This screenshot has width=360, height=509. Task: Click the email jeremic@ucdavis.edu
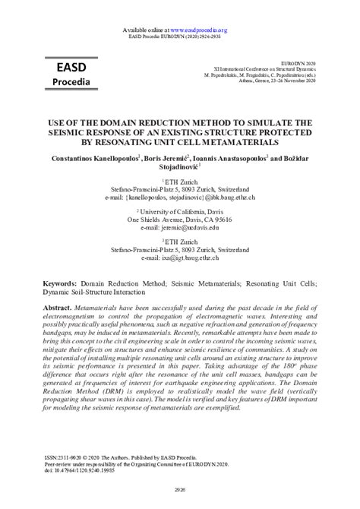click(180, 226)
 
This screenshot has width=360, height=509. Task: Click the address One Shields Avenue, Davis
click(180, 218)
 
